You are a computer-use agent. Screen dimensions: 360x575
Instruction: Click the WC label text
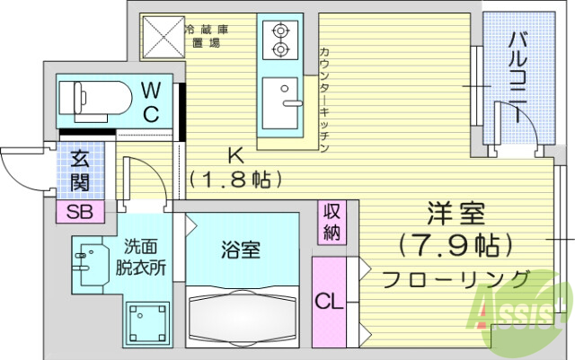(x=152, y=101)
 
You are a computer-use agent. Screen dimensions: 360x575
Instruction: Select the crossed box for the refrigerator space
(x=162, y=37)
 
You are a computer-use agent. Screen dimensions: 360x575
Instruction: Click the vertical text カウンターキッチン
(x=324, y=99)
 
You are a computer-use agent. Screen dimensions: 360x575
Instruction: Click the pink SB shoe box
(x=80, y=212)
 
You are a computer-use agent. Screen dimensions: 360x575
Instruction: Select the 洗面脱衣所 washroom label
(x=142, y=257)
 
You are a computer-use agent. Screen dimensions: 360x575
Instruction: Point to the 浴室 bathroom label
(x=241, y=250)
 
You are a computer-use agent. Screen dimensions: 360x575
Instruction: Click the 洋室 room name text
(x=456, y=215)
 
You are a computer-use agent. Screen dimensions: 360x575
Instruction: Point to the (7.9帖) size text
(x=456, y=243)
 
